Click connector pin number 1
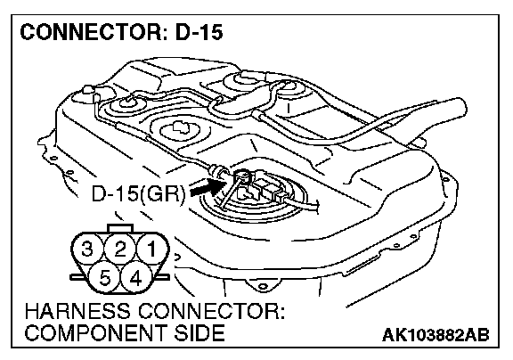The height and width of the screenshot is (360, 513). pos(152,250)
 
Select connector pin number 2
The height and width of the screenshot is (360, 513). pos(120,250)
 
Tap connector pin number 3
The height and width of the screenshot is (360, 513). pos(87,250)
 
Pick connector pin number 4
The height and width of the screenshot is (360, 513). pos(135,279)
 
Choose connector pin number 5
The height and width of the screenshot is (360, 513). pos(104,279)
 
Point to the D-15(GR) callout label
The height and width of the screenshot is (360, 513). pos(138,194)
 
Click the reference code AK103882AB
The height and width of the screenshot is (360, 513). pos(436,335)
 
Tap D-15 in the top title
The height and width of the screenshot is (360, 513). pos(199,32)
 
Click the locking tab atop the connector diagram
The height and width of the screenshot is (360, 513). pos(120,228)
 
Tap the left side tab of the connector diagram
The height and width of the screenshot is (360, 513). pos(77,277)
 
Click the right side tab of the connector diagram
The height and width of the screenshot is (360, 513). pos(163,277)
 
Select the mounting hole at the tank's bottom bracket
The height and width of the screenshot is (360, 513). pos(262,287)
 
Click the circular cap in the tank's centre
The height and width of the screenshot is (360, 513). pos(178,130)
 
